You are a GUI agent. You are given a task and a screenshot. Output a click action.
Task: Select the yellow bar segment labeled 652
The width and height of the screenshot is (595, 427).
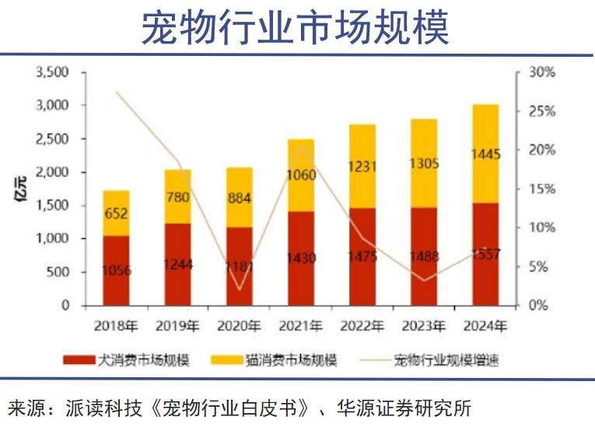click(x=116, y=212)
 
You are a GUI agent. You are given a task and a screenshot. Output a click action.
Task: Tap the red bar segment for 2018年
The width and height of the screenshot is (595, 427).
click(x=116, y=271)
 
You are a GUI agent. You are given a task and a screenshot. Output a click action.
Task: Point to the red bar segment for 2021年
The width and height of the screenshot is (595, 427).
click(x=301, y=258)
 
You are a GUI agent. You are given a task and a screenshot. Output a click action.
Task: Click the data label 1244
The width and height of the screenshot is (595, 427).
click(x=177, y=264)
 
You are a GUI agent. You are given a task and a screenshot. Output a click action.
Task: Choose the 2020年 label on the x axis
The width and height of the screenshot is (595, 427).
click(x=239, y=324)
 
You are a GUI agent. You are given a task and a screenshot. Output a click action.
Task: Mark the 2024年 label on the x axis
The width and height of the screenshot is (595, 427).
click(x=485, y=324)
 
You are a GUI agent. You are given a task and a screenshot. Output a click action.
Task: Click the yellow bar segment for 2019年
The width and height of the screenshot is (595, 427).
click(x=177, y=197)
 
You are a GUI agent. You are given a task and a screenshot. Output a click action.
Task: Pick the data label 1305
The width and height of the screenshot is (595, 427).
click(x=424, y=163)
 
